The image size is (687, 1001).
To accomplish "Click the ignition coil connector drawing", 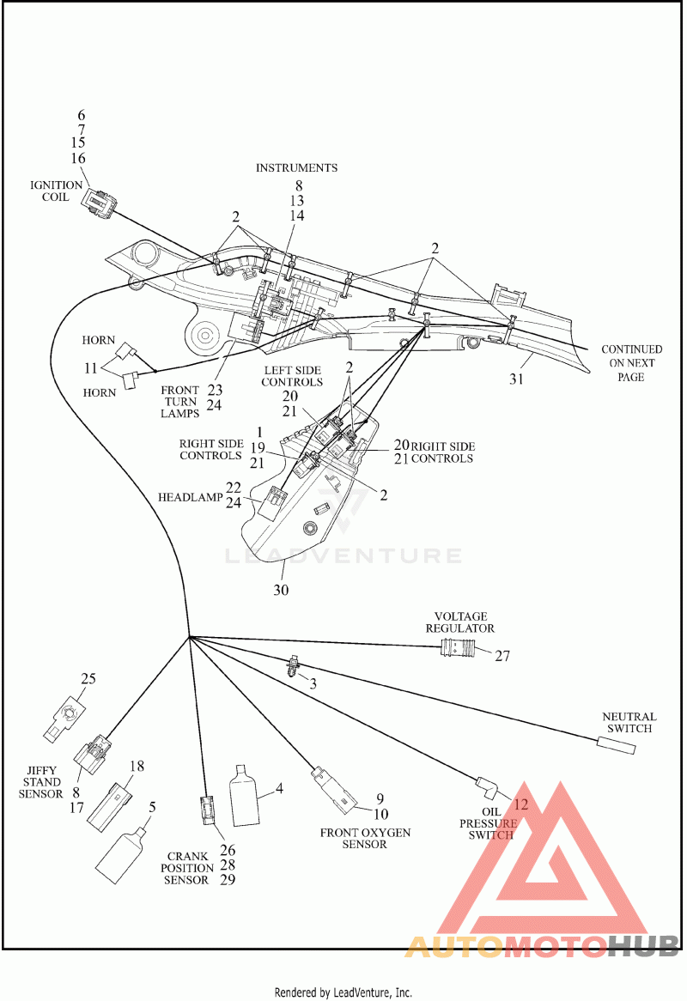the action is [99, 200].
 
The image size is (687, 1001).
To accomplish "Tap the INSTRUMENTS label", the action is [296, 168].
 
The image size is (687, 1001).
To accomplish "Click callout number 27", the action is [502, 656].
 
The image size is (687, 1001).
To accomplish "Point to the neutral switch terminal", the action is [616, 744].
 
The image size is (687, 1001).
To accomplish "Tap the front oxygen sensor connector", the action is [333, 790].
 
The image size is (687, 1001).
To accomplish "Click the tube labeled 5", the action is [121, 855].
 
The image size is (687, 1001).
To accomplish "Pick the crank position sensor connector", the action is [208, 810].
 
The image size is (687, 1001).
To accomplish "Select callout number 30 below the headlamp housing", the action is [281, 590].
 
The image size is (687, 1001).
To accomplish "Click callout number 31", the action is [516, 379].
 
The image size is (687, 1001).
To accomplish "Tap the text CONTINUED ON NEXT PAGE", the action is [631, 363].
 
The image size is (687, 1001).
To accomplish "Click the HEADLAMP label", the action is [191, 497].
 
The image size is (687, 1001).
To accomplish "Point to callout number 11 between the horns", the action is [91, 368].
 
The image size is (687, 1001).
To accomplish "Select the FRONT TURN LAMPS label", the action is [180, 402].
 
